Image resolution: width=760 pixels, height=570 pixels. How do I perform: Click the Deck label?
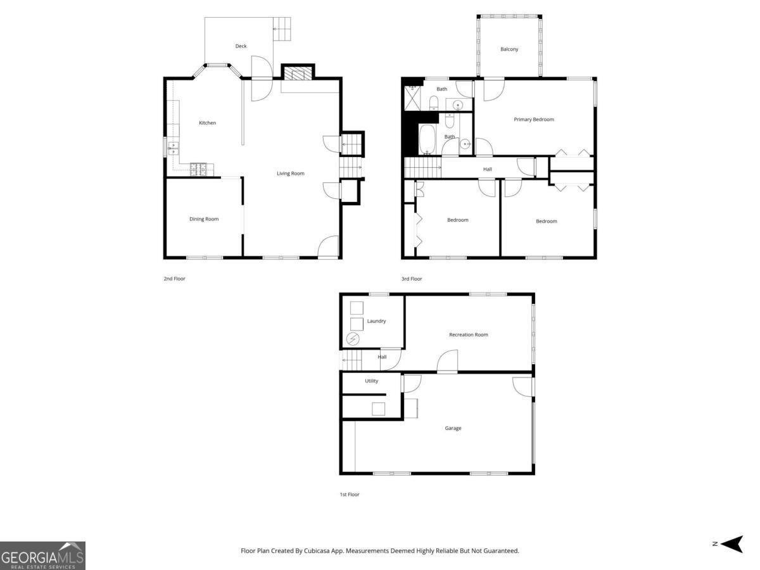(241, 46)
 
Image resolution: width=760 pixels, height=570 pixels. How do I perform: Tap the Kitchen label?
(207, 123)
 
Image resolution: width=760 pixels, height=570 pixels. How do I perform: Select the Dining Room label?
(204, 219)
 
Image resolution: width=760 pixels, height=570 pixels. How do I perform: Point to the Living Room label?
(290, 174)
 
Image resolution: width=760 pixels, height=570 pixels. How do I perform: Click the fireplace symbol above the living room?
(298, 73)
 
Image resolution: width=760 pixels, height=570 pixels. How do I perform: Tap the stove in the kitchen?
(199, 168)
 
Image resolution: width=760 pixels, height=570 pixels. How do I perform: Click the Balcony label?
(509, 49)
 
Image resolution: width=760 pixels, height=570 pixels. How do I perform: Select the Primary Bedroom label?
(534, 120)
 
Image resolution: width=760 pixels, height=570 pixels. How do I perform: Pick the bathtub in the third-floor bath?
(427, 139)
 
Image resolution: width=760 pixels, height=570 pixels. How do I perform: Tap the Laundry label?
(376, 321)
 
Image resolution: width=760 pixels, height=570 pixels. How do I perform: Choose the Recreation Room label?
(469, 334)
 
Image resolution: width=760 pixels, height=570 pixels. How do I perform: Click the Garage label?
(453, 428)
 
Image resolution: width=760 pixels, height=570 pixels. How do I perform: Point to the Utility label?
(372, 381)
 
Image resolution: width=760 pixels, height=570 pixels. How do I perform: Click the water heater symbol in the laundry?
(352, 339)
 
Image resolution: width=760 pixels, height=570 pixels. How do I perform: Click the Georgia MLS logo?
(42, 555)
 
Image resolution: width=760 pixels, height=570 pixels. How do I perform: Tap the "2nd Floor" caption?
(174, 279)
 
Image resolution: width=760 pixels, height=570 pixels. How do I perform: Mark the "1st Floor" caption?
(350, 495)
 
